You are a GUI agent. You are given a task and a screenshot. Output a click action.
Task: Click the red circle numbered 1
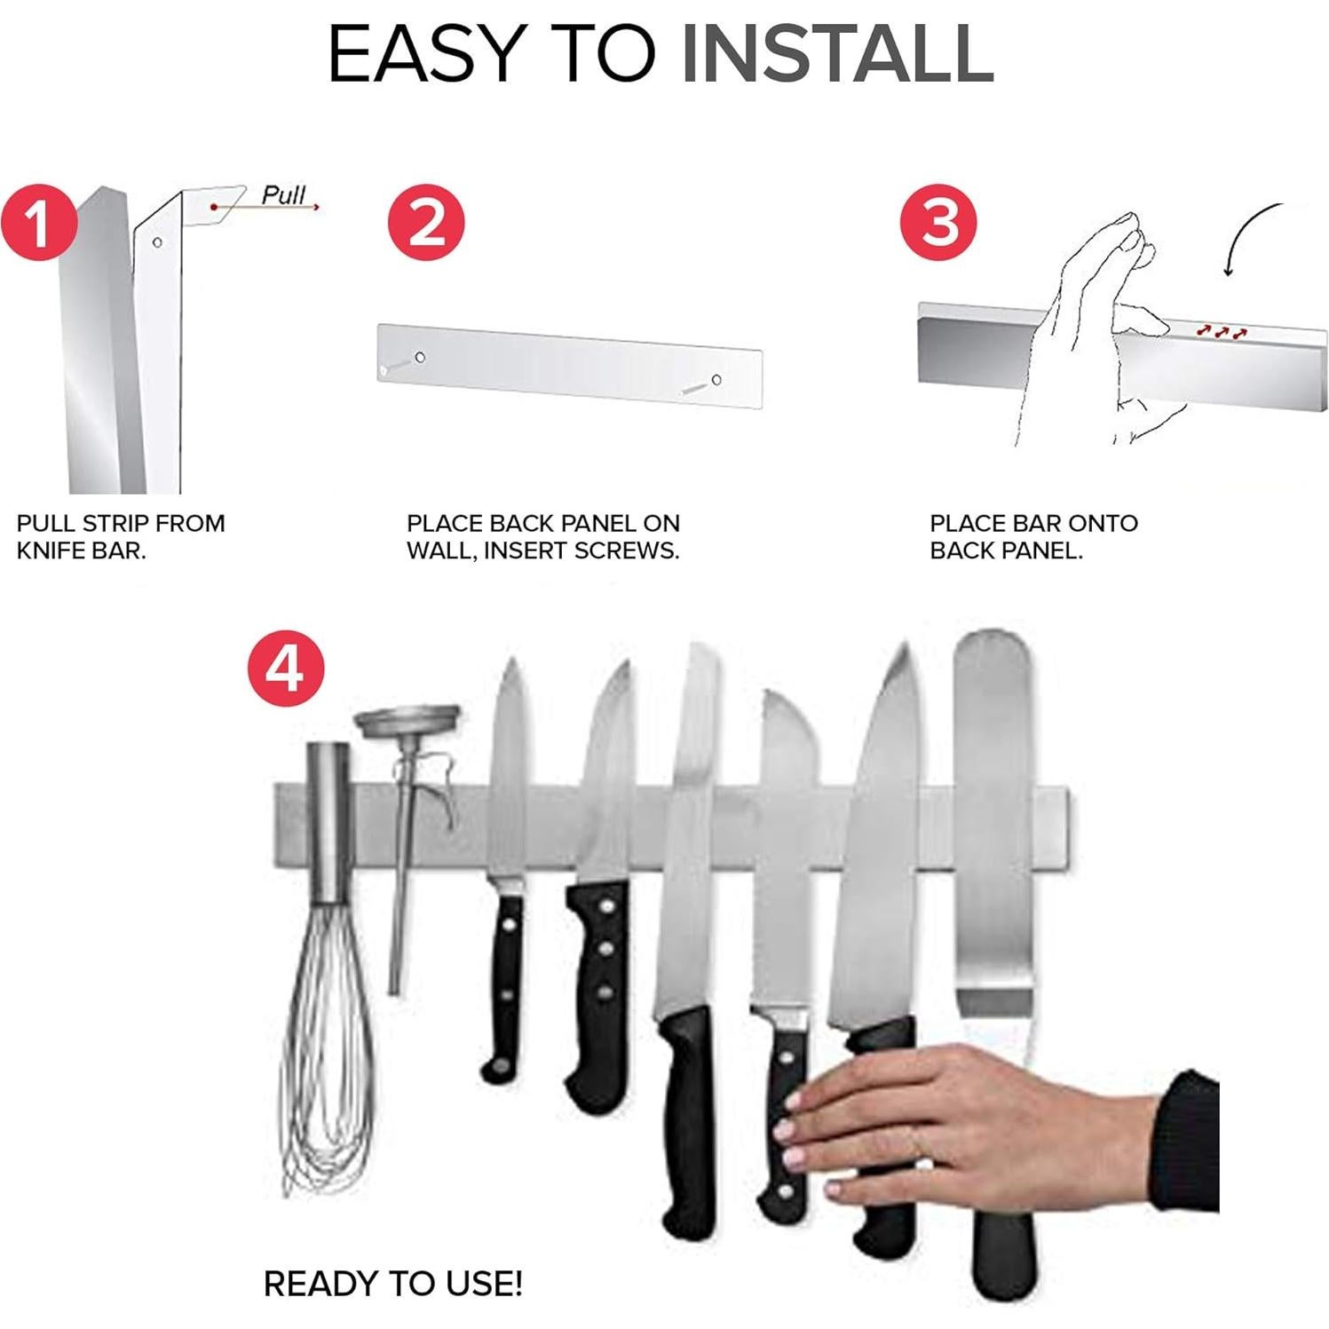click(x=38, y=222)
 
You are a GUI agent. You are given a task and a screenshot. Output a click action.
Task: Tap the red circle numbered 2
click(x=426, y=222)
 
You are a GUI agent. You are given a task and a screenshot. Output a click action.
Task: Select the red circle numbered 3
click(x=938, y=222)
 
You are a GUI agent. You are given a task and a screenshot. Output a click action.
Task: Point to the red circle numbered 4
click(x=286, y=668)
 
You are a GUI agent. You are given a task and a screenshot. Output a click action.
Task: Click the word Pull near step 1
click(x=283, y=195)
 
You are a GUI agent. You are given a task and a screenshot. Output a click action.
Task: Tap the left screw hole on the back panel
click(x=419, y=357)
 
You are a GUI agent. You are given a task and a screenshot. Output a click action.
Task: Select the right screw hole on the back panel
click(x=716, y=380)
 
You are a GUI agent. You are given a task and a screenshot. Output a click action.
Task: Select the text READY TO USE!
click(x=392, y=1284)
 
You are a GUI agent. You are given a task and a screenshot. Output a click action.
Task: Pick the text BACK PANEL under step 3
click(x=1004, y=550)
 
